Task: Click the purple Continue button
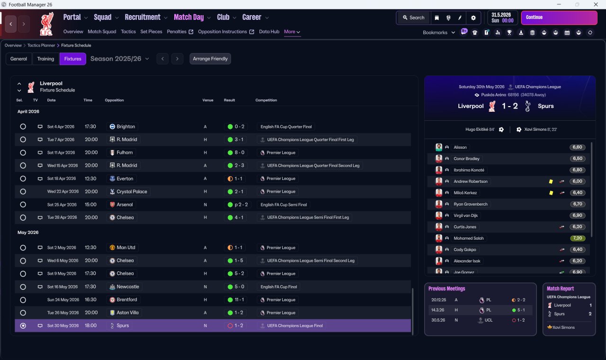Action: (x=559, y=18)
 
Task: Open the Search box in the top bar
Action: (x=413, y=18)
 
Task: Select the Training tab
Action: (x=45, y=59)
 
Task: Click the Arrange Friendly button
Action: (x=210, y=59)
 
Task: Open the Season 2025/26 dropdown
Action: (x=120, y=59)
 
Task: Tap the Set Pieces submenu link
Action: (x=151, y=32)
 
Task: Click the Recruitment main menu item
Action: (x=143, y=17)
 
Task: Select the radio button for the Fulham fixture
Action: (x=23, y=153)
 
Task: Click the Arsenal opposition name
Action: (x=125, y=205)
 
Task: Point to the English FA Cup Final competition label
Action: (x=279, y=287)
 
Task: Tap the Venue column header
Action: (x=208, y=100)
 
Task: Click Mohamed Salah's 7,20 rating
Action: (x=577, y=238)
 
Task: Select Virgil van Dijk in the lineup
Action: (x=465, y=216)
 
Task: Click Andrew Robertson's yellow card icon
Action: (x=551, y=181)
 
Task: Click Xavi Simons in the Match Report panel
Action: (x=563, y=327)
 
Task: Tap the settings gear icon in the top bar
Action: (x=473, y=18)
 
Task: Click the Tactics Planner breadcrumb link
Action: (x=41, y=45)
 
